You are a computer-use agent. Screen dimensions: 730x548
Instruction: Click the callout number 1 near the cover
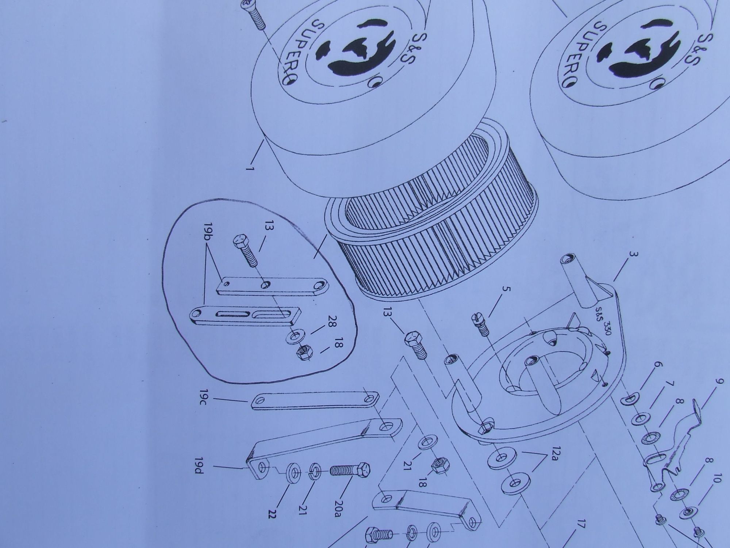[250, 170]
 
